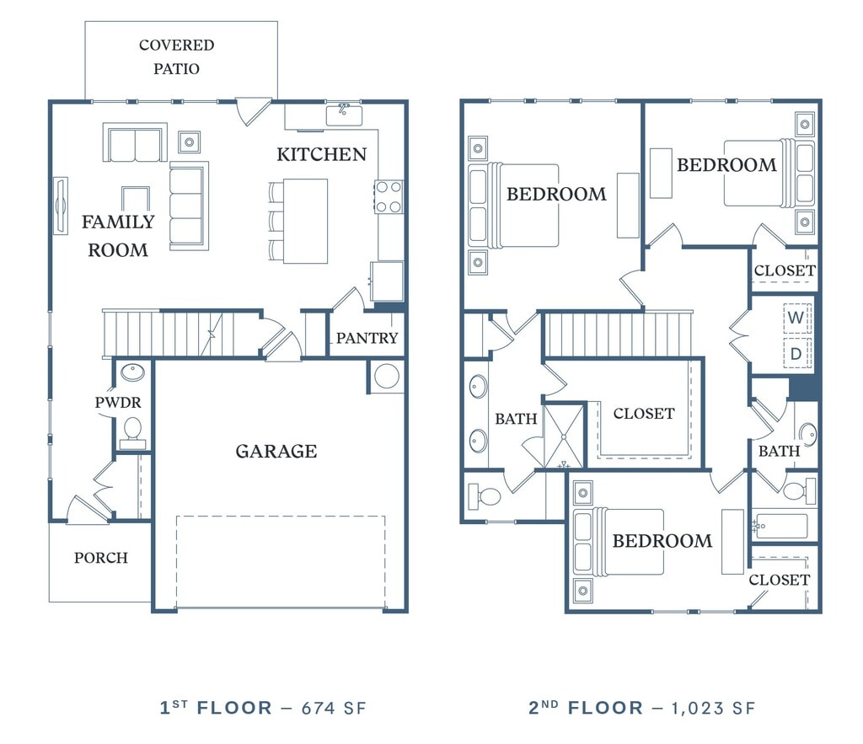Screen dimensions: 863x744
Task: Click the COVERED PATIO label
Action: pyautogui.click(x=176, y=56)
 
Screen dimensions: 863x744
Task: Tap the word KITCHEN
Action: pyautogui.click(x=321, y=155)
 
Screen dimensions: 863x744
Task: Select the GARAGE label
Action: pyautogui.click(x=276, y=452)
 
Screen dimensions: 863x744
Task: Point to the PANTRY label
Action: pyautogui.click(x=367, y=338)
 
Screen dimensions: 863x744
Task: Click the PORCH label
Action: pyautogui.click(x=101, y=558)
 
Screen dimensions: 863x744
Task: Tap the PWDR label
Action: pyautogui.click(x=118, y=403)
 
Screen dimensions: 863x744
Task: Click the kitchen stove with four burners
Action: pyautogui.click(x=388, y=197)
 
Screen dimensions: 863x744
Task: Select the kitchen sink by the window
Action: pyautogui.click(x=344, y=115)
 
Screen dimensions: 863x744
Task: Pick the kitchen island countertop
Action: pyautogui.click(x=305, y=221)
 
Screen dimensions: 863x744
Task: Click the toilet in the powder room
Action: pyautogui.click(x=132, y=431)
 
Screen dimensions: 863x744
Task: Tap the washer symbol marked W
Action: pyautogui.click(x=796, y=318)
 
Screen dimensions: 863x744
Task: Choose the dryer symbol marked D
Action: pyautogui.click(x=796, y=353)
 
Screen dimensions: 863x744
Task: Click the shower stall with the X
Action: pyautogui.click(x=564, y=436)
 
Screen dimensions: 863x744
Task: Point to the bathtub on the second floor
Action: pyautogui.click(x=780, y=527)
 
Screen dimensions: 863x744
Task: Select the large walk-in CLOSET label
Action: pyautogui.click(x=644, y=414)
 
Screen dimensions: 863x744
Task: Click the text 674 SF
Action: pyautogui.click(x=334, y=708)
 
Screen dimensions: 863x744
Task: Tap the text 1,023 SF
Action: pyautogui.click(x=713, y=708)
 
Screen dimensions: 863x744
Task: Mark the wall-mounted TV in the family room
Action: pyautogui.click(x=60, y=206)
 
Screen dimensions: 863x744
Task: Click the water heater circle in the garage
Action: pyautogui.click(x=387, y=377)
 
